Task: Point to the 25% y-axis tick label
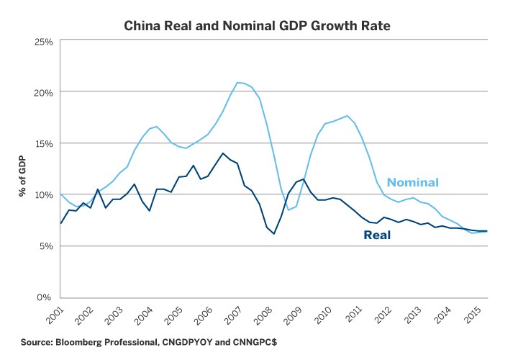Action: click(43, 41)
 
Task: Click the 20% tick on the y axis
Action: click(43, 92)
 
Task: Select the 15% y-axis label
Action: click(43, 143)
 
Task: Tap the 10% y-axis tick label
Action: click(43, 194)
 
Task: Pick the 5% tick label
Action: click(45, 246)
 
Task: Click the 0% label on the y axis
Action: click(45, 297)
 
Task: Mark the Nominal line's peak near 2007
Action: click(239, 82)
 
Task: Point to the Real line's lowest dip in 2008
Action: click(274, 233)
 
